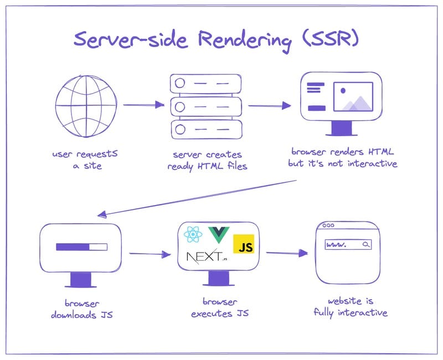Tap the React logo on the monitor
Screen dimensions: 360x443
point(193,236)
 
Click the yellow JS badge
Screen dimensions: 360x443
point(244,244)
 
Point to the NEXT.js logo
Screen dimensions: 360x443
point(207,257)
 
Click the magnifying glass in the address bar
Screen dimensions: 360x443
point(366,244)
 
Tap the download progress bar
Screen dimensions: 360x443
point(81,246)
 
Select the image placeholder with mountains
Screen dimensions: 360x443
point(352,97)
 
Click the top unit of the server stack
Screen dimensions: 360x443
point(206,83)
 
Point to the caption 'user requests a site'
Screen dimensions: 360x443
point(85,160)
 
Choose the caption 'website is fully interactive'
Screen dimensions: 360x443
point(351,307)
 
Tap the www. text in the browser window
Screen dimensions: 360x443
point(337,244)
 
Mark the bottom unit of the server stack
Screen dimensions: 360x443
point(206,128)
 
